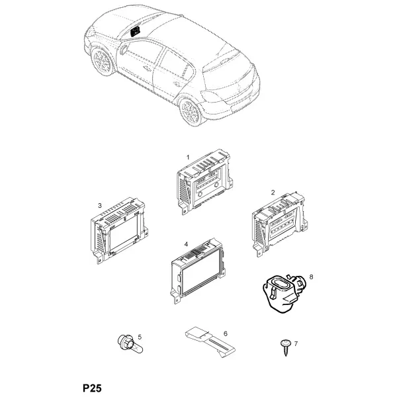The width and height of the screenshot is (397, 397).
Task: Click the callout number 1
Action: click(x=188, y=157)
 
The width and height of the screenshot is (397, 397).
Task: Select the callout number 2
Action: click(x=273, y=193)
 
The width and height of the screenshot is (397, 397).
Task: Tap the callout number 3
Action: click(x=100, y=206)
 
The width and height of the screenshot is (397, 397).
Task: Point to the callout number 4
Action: click(x=187, y=244)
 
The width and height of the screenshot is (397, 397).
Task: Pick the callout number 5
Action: click(x=140, y=337)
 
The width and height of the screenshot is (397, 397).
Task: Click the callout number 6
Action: click(x=226, y=333)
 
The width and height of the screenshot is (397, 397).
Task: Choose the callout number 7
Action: click(x=296, y=343)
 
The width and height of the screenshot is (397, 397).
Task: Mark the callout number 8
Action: click(x=311, y=277)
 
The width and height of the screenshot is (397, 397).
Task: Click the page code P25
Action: click(x=92, y=388)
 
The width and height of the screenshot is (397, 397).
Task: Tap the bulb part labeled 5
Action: click(x=130, y=344)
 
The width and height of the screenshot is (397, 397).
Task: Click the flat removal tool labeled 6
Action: click(x=210, y=342)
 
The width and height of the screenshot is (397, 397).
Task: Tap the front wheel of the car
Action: click(x=103, y=62)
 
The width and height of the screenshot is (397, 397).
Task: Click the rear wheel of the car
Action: click(x=190, y=112)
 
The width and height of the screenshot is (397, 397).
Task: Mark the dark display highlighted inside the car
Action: click(x=135, y=31)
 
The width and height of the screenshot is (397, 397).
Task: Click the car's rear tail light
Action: click(x=210, y=96)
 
